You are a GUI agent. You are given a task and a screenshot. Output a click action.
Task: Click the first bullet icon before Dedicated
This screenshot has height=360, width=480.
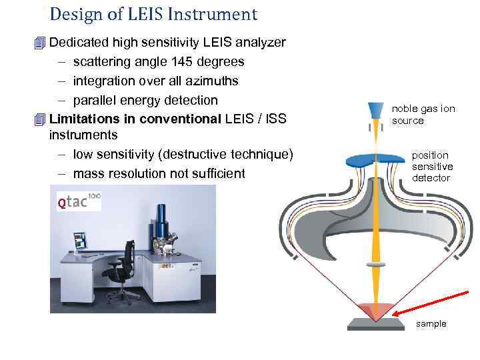[x=41, y=43]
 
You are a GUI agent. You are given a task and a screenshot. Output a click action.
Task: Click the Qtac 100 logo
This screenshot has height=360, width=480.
[x=78, y=199]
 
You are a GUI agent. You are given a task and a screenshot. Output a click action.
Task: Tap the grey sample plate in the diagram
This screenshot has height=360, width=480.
[x=377, y=325]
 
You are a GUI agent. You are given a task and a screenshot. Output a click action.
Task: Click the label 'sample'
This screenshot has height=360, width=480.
[x=431, y=324]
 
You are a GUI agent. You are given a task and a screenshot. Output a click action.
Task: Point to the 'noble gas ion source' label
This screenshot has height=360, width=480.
[x=413, y=114]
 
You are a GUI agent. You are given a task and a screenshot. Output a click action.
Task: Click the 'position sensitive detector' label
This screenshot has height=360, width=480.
[x=432, y=167]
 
